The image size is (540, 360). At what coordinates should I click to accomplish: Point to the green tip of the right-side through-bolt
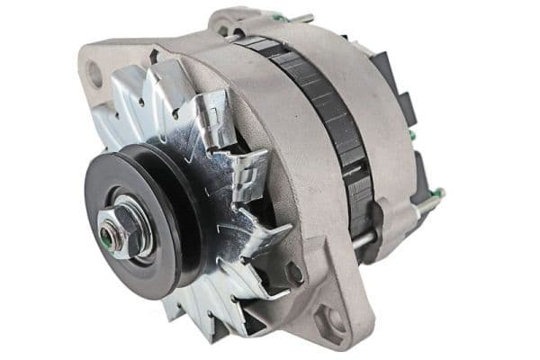pos(440,193)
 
